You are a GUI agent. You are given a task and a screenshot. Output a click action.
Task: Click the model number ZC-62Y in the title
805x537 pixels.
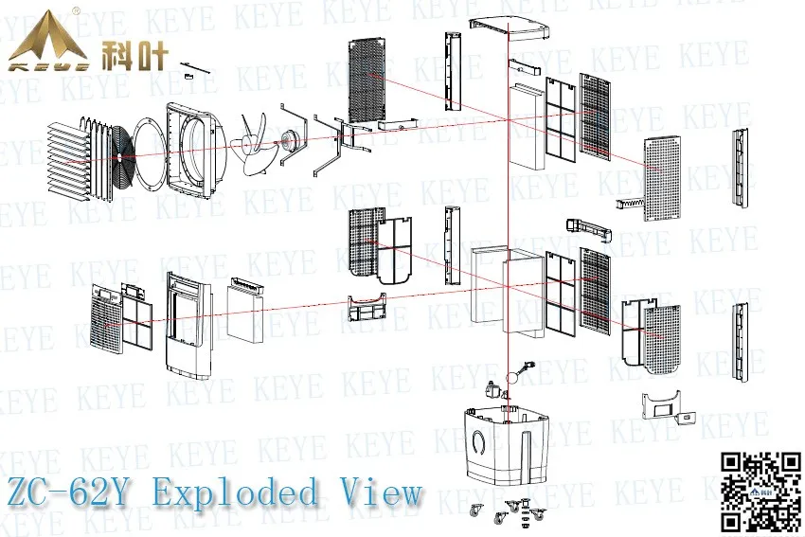[x=71, y=493]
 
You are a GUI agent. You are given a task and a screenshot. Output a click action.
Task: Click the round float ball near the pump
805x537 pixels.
[x=512, y=378]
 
